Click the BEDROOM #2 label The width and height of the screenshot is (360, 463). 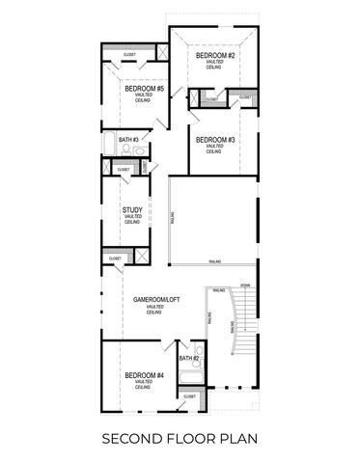[215, 56]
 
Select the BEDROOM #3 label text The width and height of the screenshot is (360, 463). [215, 140]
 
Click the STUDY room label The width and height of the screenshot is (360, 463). [133, 209]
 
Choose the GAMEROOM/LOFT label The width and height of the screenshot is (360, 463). [157, 300]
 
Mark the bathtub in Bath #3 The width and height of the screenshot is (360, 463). [110, 150]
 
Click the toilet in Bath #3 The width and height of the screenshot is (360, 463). [140, 151]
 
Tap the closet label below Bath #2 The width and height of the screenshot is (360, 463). [189, 396]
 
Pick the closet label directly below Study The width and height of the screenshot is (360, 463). [115, 259]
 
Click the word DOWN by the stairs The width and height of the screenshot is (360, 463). [245, 286]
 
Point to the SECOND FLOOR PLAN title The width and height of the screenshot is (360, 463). [180, 439]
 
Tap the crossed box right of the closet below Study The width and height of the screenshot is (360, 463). [142, 256]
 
